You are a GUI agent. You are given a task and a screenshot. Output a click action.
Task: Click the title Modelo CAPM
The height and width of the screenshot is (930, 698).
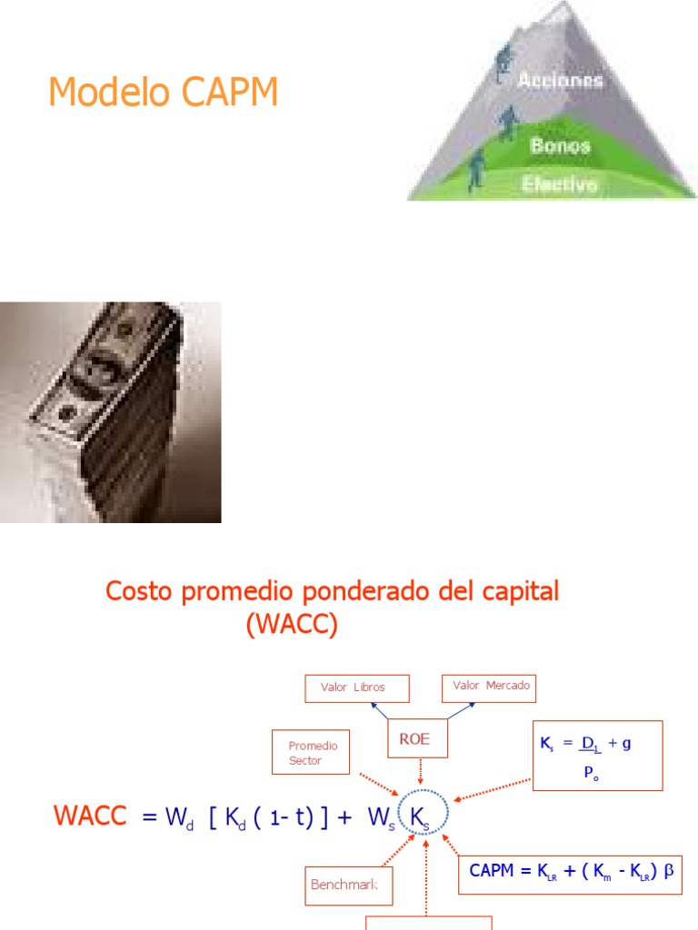163,94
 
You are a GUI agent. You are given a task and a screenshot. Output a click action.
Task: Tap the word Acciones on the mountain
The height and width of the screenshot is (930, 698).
560,80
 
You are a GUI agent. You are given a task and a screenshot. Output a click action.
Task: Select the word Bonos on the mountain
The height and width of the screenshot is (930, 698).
560,145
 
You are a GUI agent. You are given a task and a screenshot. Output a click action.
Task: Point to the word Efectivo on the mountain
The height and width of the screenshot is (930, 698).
560,184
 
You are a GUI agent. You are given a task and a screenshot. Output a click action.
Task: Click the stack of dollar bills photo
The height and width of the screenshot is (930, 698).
110,411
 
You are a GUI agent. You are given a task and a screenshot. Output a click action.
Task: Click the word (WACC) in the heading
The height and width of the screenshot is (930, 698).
291,625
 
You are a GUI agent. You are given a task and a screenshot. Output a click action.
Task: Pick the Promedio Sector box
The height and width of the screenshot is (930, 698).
312,753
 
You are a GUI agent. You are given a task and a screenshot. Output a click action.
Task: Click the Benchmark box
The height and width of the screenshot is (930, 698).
349,885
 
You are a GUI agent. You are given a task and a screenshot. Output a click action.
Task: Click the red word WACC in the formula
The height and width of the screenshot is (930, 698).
90,816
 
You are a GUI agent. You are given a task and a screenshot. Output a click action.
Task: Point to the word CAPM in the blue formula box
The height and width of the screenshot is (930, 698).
491,870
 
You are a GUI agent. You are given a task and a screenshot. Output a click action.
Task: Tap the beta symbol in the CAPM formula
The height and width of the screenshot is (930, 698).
670,870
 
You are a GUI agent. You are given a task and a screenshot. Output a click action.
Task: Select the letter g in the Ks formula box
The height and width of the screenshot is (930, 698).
626,743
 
